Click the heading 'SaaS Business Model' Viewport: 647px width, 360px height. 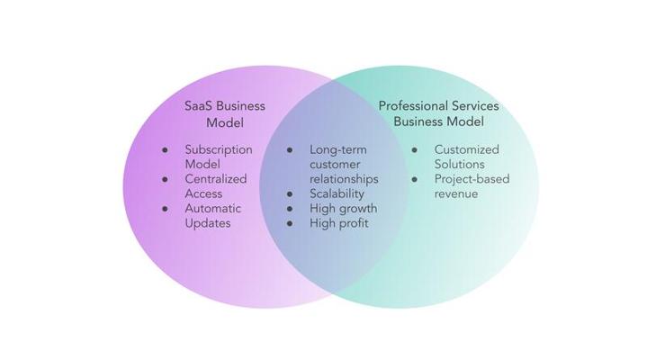224,113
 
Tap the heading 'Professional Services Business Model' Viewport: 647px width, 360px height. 438,113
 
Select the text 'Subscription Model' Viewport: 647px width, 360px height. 219,157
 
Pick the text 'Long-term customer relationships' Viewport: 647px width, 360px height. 344,164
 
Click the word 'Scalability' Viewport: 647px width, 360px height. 337,193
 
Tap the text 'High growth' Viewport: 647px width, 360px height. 343,208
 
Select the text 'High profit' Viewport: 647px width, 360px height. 338,222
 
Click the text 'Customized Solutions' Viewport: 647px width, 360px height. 466,157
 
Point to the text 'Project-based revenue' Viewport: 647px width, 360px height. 472,186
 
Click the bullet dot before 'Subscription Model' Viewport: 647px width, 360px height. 165,150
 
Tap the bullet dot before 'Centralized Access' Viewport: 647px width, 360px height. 165,180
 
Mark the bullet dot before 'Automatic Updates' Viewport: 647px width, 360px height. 165,209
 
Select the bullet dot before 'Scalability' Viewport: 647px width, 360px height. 290,193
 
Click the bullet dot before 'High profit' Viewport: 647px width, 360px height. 290,223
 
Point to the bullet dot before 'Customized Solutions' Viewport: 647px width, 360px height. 415,150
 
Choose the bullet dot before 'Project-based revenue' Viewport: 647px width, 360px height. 415,179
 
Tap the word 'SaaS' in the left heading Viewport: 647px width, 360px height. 200,106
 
